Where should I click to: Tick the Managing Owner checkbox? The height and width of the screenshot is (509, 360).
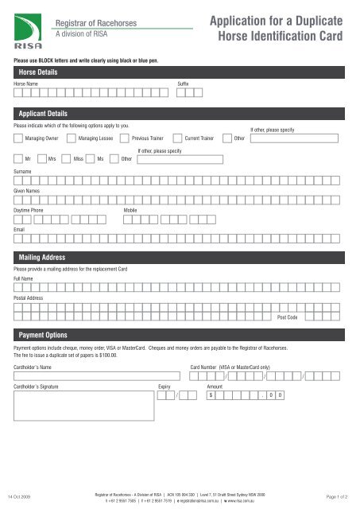(x=18, y=138)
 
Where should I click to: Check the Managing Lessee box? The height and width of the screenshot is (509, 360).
(x=71, y=138)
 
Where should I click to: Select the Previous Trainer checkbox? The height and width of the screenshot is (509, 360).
(x=125, y=138)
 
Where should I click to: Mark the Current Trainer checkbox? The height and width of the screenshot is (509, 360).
(x=177, y=138)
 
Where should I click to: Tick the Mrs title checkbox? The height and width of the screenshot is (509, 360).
(x=41, y=158)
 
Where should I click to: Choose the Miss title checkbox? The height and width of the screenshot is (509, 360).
(x=67, y=158)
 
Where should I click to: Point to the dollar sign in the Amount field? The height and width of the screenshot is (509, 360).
(x=211, y=395)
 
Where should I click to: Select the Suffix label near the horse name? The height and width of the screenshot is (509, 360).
(x=183, y=83)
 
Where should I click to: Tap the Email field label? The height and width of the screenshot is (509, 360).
(x=18, y=229)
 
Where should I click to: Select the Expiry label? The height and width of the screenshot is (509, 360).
(x=165, y=385)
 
